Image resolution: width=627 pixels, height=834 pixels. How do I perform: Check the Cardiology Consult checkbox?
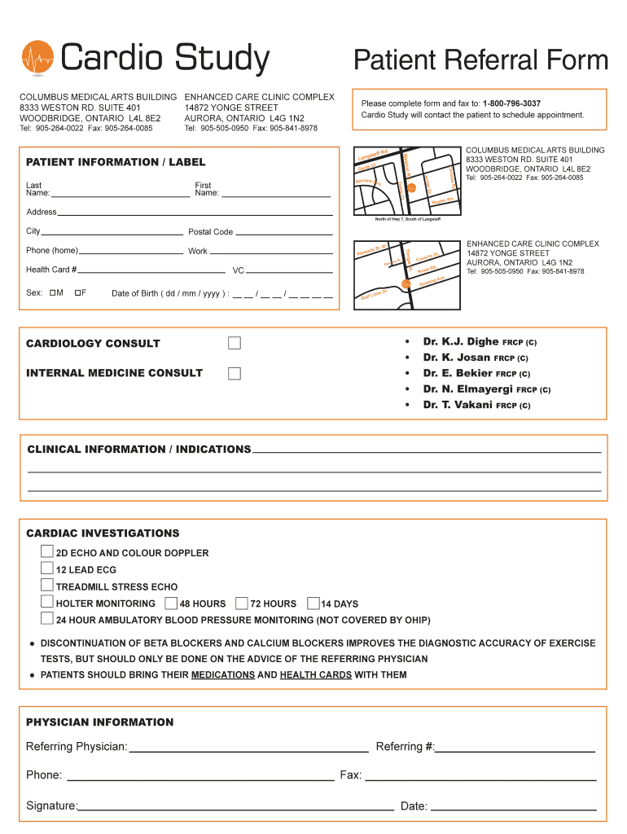point(235,343)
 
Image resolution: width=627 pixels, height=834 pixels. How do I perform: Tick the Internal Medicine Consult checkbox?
point(235,373)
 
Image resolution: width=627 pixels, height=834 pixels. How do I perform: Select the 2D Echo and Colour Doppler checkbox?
point(47,551)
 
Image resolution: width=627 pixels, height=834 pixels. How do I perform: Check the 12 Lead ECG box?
point(47,568)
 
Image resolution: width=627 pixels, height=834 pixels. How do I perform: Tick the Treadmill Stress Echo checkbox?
point(47,585)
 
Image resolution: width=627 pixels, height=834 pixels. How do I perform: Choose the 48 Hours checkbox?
point(170,604)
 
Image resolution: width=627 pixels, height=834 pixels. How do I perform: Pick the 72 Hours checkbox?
point(241,604)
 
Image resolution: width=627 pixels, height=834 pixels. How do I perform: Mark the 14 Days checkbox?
point(313,604)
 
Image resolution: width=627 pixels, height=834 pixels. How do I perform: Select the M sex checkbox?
point(52,292)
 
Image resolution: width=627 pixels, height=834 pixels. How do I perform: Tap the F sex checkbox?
point(77,292)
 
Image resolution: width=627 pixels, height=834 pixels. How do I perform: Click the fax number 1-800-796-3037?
point(511,103)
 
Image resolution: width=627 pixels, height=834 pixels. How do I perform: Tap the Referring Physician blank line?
point(248,748)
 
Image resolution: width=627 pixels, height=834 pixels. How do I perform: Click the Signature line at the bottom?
point(236,807)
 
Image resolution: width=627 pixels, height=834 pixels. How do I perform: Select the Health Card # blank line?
point(151,270)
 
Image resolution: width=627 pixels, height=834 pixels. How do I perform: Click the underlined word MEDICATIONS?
point(222,675)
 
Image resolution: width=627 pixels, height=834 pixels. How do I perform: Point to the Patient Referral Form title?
point(480,60)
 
